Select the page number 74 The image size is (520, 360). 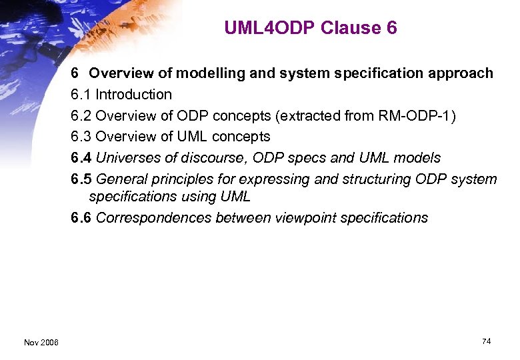pyautogui.click(x=486, y=341)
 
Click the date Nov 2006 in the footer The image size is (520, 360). pyautogui.click(x=41, y=342)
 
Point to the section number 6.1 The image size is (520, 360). pyautogui.click(x=81, y=95)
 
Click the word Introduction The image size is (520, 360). pyautogui.click(x=133, y=95)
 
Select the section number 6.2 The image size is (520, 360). pyautogui.click(x=81, y=115)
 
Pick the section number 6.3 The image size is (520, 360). pyautogui.click(x=81, y=137)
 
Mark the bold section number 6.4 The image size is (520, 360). pyautogui.click(x=81, y=158)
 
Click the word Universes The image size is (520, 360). pyautogui.click(x=127, y=158)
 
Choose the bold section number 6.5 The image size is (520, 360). pyautogui.click(x=81, y=179)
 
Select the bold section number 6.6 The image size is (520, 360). pyautogui.click(x=81, y=218)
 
